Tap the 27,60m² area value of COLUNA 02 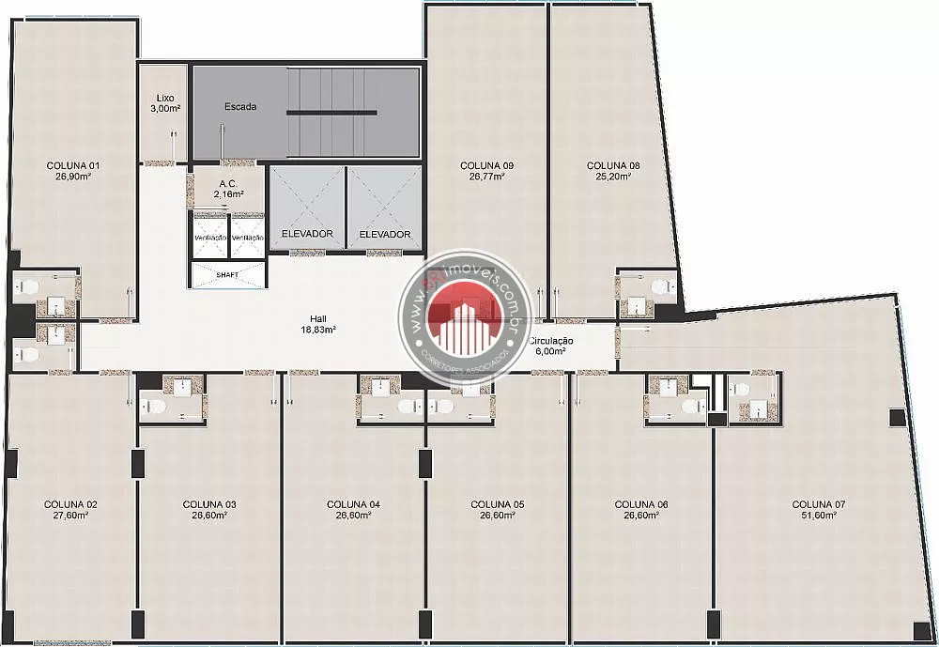tap(70, 516)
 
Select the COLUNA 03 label tap(209, 504)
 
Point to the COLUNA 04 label tap(353, 504)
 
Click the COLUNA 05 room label tap(497, 504)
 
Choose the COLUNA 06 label tap(641, 504)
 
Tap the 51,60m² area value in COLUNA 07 tap(819, 516)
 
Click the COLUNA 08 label tap(613, 165)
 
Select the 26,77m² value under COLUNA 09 tap(486, 176)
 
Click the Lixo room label tap(165, 98)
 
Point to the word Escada tap(240, 106)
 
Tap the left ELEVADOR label tap(307, 234)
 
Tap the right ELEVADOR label tap(384, 234)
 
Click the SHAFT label tap(227, 274)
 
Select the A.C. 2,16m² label tap(228, 189)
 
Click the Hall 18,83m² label tap(318, 324)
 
